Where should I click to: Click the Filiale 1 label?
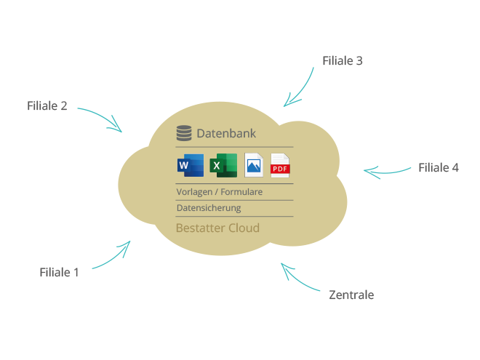coord(59,272)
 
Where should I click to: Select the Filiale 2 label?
coord(47,105)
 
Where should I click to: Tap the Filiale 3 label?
coord(343,60)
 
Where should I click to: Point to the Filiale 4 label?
coord(439,167)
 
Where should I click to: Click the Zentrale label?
coord(351,295)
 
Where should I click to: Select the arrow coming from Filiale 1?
coord(113,257)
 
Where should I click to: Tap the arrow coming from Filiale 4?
coord(386,173)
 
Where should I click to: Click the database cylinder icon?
coord(184,133)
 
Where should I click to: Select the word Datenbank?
coord(226,133)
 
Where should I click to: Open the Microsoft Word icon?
coord(191,165)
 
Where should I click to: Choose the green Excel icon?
coord(223,165)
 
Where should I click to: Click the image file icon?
coord(254,165)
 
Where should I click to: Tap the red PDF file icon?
coord(280,165)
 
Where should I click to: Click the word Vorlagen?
coord(194,192)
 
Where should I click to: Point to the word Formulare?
coord(241,192)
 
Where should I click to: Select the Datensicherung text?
coord(209,208)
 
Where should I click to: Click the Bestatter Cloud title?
coord(217,228)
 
